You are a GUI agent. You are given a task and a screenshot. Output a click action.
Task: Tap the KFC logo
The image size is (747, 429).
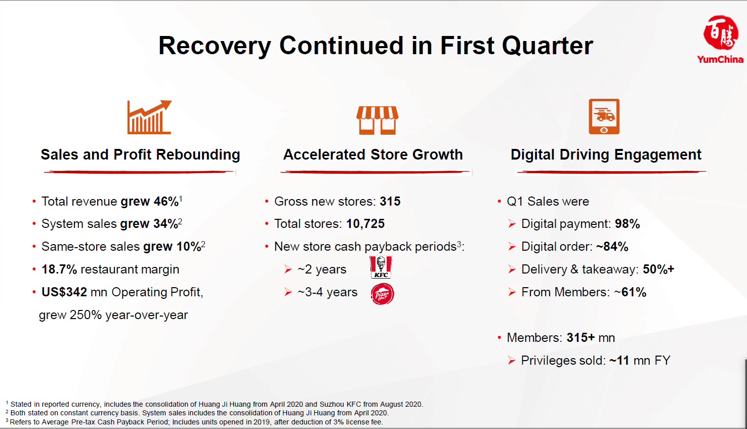[x=381, y=267]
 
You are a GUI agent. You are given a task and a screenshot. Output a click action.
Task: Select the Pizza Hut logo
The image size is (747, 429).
[x=382, y=294]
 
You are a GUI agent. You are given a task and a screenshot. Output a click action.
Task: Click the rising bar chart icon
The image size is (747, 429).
[x=149, y=117]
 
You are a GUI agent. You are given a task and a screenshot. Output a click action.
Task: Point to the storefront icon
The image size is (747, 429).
[x=377, y=120]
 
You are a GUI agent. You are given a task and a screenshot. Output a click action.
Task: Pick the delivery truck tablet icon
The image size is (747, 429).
[x=604, y=116]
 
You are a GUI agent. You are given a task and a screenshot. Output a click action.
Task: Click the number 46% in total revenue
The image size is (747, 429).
[x=166, y=202]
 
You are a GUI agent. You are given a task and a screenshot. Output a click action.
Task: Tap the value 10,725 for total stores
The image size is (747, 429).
[x=365, y=224]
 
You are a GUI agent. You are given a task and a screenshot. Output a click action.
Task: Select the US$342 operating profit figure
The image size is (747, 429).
[x=64, y=292]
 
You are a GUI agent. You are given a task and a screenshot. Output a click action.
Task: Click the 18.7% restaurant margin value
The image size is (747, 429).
[x=59, y=269]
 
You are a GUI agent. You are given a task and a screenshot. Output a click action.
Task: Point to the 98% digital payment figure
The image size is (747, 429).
[x=627, y=224]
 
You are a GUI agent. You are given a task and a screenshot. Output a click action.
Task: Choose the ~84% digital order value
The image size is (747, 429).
[x=612, y=247]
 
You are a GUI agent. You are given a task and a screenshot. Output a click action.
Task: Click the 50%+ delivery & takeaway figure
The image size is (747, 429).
[x=658, y=269]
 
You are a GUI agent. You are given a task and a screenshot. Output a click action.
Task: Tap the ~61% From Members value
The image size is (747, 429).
[x=630, y=292]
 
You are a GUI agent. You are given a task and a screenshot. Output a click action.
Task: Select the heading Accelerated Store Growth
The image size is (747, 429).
[x=373, y=154]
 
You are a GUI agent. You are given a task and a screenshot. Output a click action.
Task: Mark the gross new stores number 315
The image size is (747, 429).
[x=390, y=202]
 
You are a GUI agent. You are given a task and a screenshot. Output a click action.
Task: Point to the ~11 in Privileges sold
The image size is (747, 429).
[x=619, y=361]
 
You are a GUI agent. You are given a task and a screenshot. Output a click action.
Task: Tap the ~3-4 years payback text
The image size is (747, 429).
[x=327, y=292]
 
